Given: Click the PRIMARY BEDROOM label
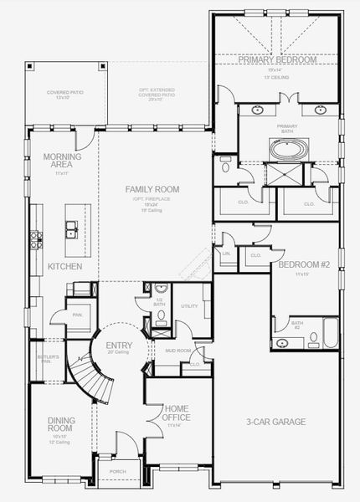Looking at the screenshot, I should click(277, 60).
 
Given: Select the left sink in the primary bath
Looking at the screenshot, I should click(257, 110).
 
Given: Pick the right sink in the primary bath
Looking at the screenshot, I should click(321, 110).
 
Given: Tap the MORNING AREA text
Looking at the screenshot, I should click(64, 161).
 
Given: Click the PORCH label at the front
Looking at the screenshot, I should click(118, 471).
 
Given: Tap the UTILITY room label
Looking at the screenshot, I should click(189, 306).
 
